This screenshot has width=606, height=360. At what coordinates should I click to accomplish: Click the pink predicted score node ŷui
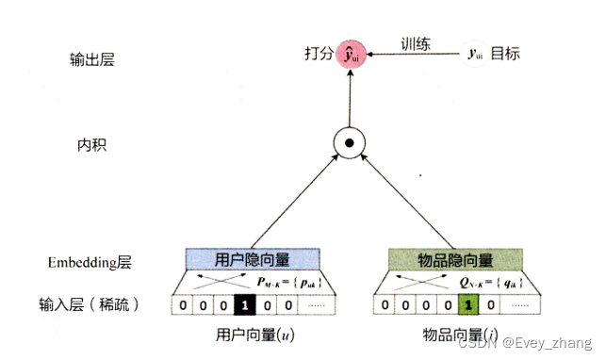[351, 54]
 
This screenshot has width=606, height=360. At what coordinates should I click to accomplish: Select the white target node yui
[475, 54]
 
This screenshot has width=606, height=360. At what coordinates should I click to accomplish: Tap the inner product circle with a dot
[350, 145]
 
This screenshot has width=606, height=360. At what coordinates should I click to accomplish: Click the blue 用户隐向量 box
[254, 260]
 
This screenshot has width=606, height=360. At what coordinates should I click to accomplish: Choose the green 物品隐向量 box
[455, 260]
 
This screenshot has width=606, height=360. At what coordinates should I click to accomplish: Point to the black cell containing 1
[243, 305]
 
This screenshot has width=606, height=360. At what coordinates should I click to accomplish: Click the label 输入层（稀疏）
[91, 305]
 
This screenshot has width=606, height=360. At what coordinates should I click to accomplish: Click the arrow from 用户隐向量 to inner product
[292, 204]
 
